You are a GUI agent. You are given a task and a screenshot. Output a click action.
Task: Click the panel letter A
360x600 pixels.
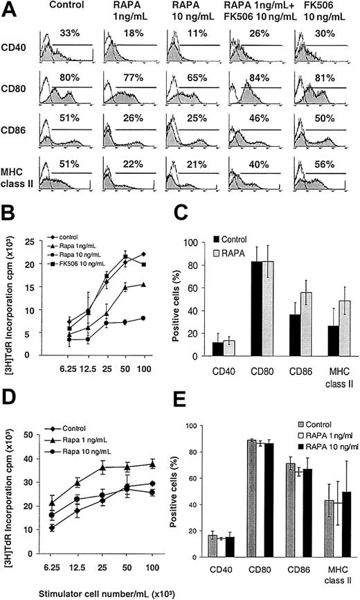coord(10,9)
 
